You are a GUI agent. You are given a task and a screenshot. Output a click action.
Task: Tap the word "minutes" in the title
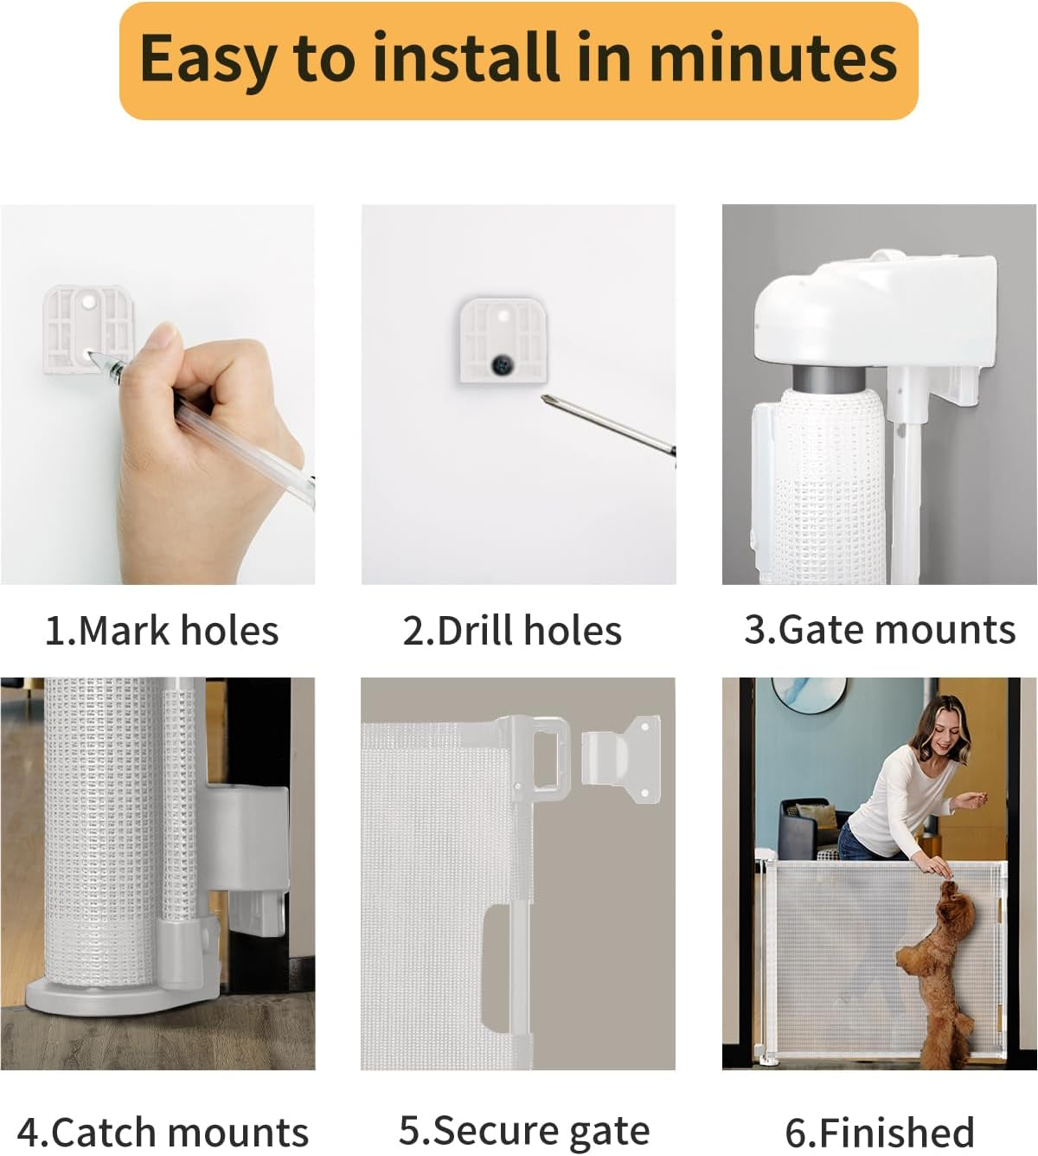pos(772,58)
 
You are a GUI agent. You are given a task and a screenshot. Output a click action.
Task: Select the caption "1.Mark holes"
pos(162,630)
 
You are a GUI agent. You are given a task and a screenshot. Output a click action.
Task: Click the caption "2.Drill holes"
pos(512,630)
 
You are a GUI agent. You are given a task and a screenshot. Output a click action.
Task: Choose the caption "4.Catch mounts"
pos(163,1132)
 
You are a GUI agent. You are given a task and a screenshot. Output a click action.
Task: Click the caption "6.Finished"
pos(880,1132)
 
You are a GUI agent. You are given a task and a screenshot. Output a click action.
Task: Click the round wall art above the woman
pos(809,692)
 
